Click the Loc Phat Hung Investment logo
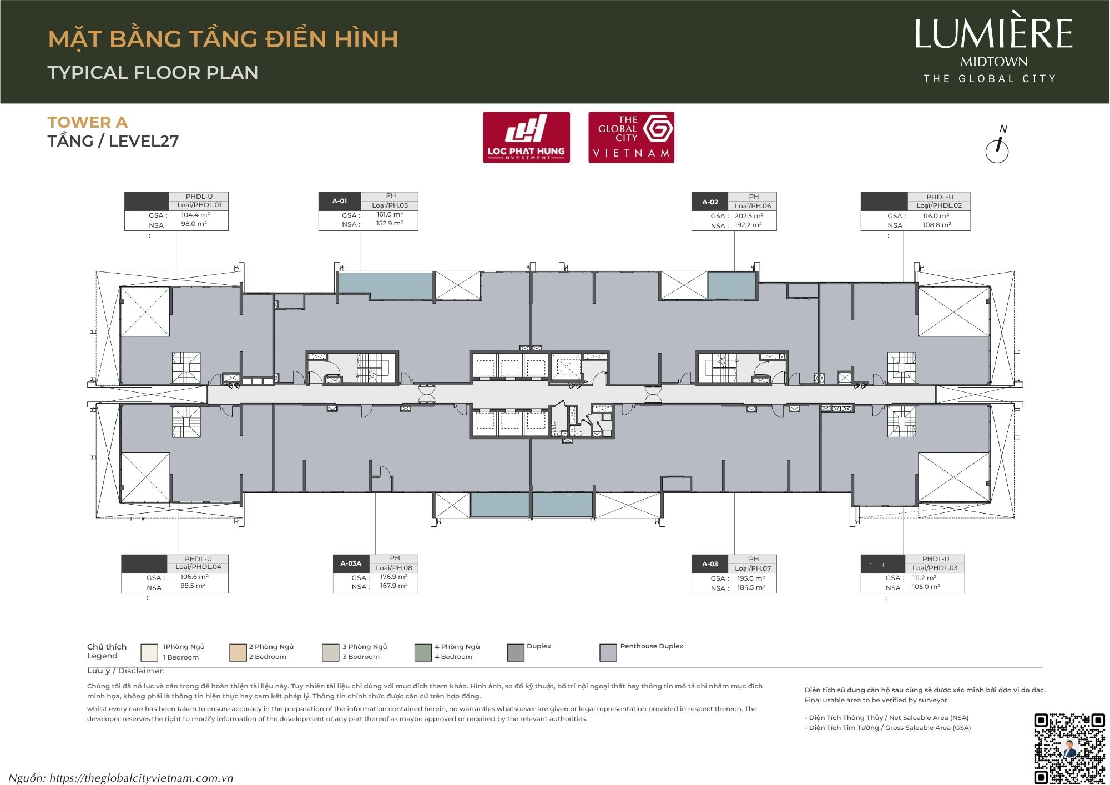tap(526, 137)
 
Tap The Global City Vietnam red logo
tap(631, 137)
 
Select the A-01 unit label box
tap(340, 201)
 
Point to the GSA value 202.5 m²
tap(749, 216)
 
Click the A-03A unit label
tap(351, 563)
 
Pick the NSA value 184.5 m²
tap(751, 587)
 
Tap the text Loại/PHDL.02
tap(939, 205)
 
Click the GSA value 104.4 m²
tap(195, 215)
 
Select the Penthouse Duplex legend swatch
tap(608, 652)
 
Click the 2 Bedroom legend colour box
tap(238, 652)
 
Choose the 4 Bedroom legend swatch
tap(423, 652)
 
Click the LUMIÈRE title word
tap(993, 34)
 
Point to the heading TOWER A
tap(88, 122)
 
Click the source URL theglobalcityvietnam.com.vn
tap(141, 778)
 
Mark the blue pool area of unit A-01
tap(385, 285)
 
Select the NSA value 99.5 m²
tap(193, 586)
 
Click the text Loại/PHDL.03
tap(935, 568)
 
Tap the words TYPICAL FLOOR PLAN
tap(153, 72)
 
